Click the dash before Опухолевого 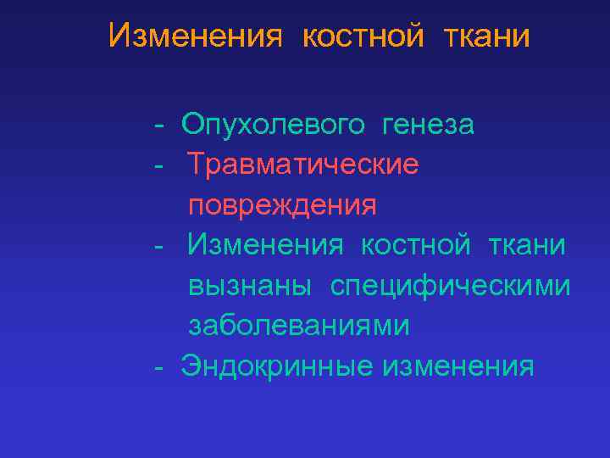tap(158, 126)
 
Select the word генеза tap(428, 126)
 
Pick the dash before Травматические tap(158, 165)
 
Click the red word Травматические tap(302, 165)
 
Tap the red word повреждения tap(282, 205)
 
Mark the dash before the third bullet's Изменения tap(158, 246)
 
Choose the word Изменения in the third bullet tap(265, 245)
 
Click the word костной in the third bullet tap(415, 245)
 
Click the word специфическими tap(450, 286)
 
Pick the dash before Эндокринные tap(158, 367)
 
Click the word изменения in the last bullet tap(457, 366)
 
